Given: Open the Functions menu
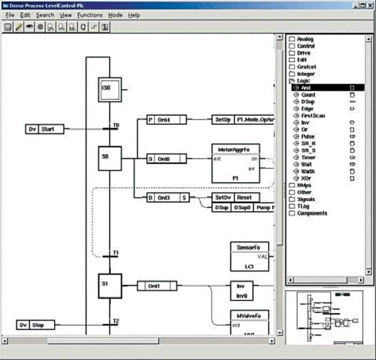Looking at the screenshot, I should tap(90, 15).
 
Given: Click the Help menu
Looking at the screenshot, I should tap(134, 15).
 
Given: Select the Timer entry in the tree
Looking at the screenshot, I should tap(308, 157).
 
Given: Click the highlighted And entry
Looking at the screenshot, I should tap(306, 88).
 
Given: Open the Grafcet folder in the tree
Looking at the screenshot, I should tap(306, 67).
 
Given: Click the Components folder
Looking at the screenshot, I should tap(312, 213).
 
